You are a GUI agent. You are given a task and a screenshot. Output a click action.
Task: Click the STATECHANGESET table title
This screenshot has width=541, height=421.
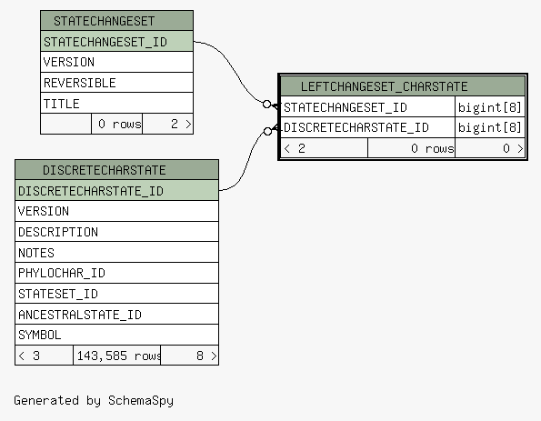[x=105, y=21]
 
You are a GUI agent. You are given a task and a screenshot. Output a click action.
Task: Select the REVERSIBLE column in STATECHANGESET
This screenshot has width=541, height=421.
[x=116, y=83]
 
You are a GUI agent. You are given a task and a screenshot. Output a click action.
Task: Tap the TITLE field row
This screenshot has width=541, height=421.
[x=116, y=103]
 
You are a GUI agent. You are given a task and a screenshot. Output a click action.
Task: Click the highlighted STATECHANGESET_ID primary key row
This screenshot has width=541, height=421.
[x=116, y=42]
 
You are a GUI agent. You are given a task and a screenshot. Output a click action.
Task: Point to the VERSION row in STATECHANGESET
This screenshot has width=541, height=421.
[x=116, y=62]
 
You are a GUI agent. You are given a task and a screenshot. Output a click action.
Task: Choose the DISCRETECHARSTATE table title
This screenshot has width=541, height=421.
[x=105, y=170]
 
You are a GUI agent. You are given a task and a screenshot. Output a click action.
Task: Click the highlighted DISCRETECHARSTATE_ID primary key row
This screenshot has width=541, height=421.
[x=116, y=190]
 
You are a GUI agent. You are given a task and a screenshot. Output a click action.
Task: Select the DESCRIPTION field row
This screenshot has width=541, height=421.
[x=116, y=232]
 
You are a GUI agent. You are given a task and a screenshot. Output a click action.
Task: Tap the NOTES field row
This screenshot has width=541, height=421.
[x=116, y=252]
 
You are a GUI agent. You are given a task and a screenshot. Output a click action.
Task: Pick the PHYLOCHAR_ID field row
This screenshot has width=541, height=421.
[x=116, y=273]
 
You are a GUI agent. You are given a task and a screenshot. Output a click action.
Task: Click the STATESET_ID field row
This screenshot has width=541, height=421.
[x=116, y=294]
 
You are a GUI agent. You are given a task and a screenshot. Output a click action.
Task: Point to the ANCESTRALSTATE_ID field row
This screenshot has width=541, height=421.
[x=116, y=314]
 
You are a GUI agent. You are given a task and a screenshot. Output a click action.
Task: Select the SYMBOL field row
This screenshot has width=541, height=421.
[x=116, y=335]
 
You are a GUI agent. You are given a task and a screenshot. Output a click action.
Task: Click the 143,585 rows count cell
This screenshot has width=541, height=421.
[x=117, y=356]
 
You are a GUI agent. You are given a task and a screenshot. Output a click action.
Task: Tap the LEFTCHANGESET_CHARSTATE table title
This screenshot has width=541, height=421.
[x=384, y=86]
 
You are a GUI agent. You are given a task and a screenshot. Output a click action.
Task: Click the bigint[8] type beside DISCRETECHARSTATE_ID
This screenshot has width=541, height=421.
[x=489, y=127]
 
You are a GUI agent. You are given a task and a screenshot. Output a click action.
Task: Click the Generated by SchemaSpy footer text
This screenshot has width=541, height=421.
[x=94, y=401]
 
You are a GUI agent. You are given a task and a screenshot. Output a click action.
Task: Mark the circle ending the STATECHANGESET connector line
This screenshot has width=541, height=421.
[x=266, y=104]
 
